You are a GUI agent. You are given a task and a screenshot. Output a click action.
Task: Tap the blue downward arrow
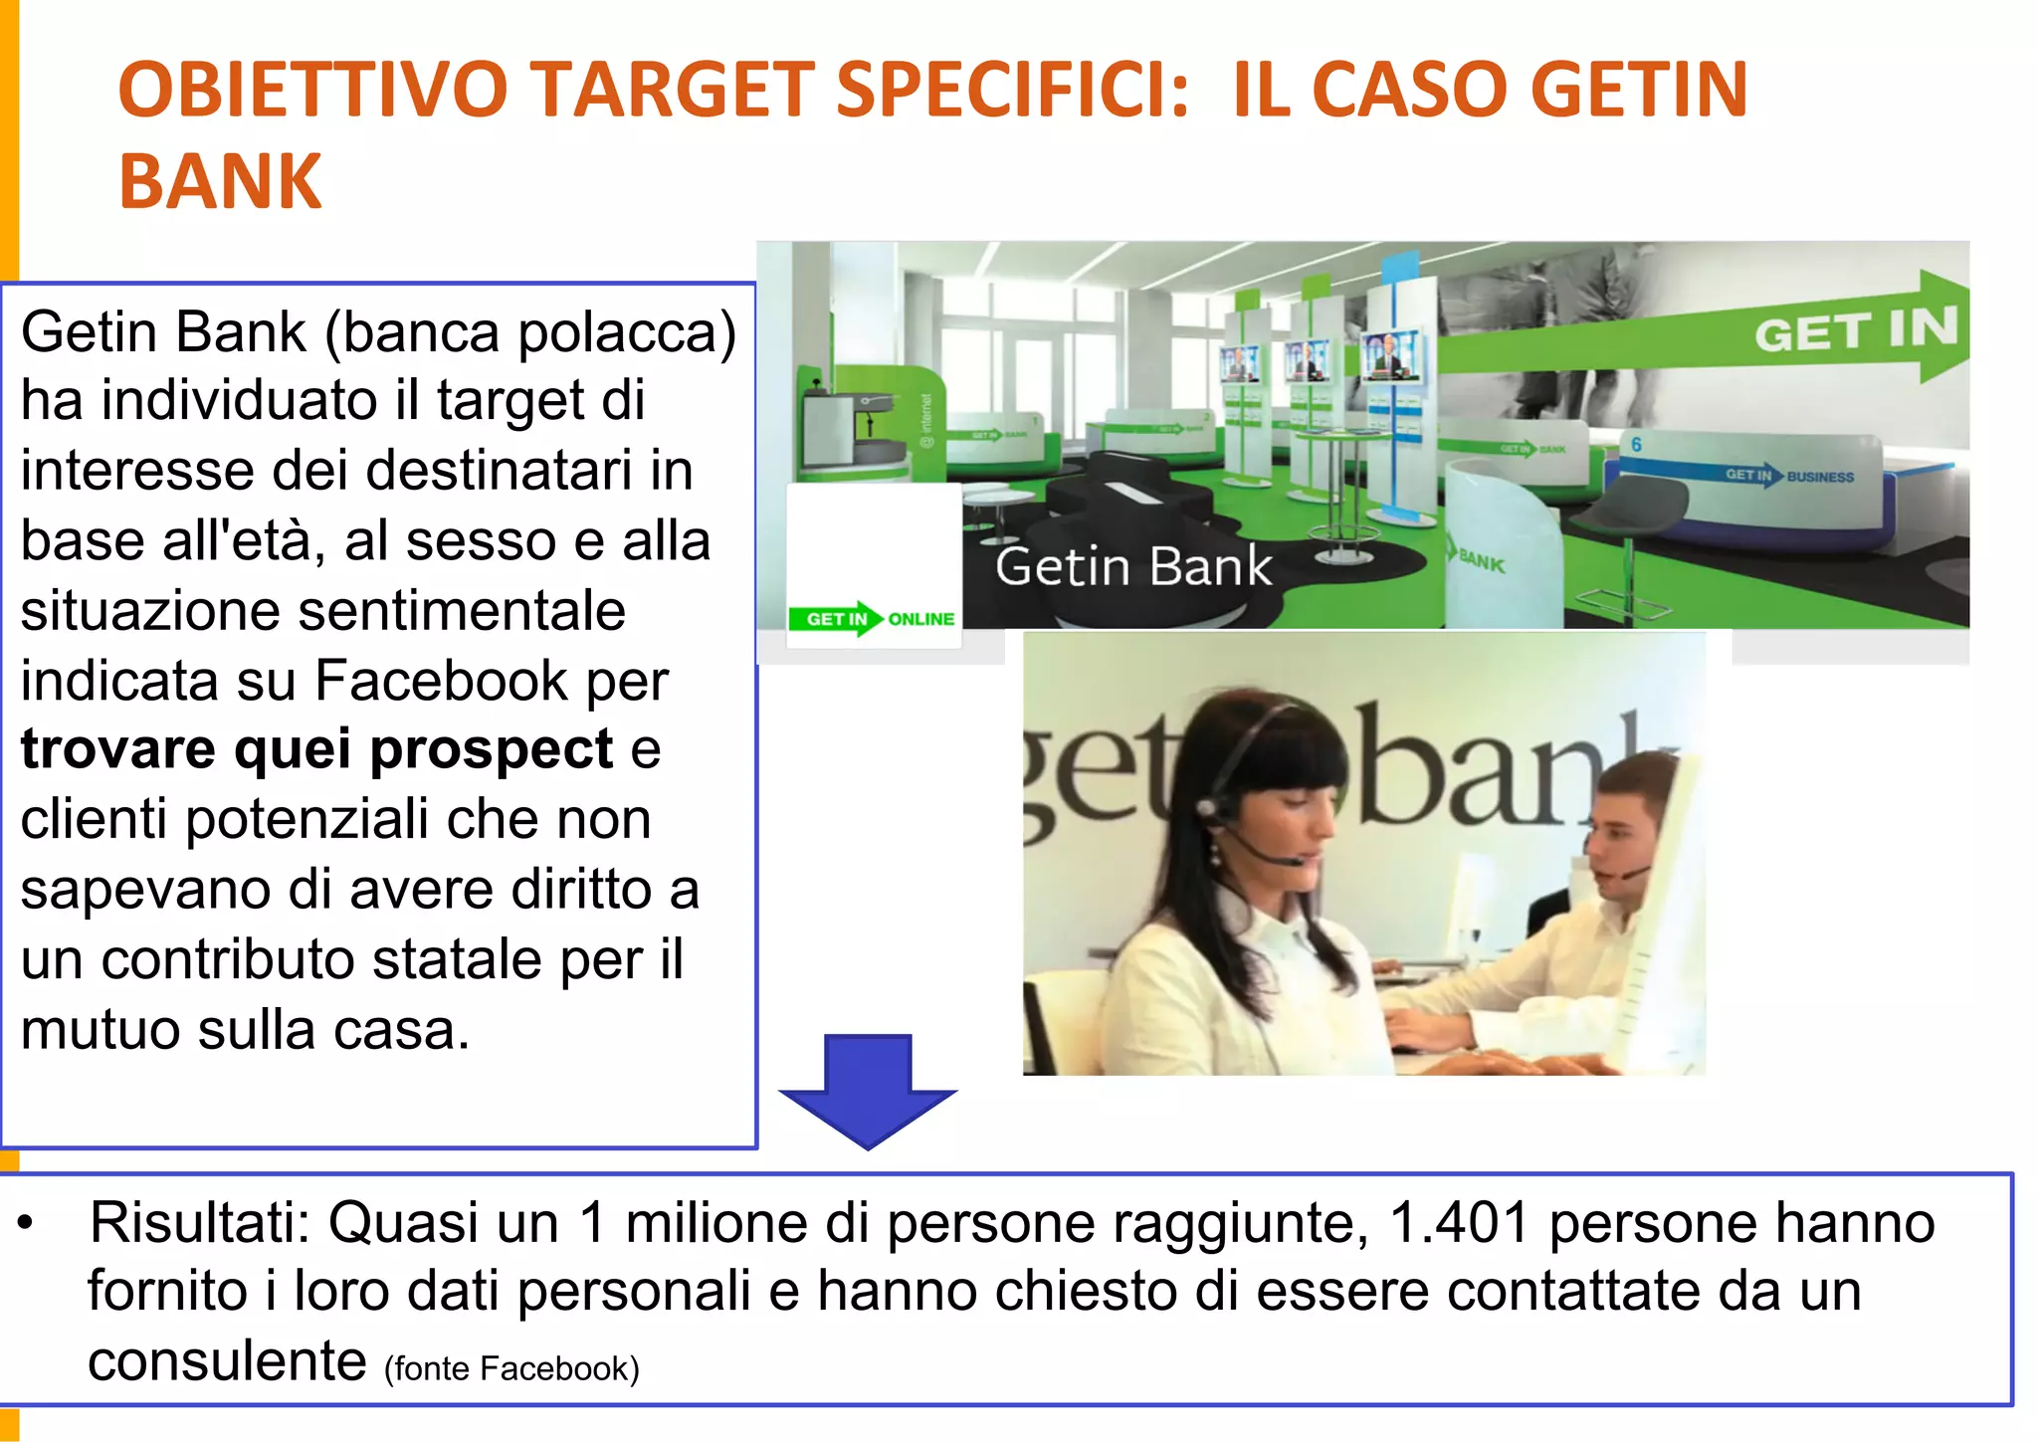coord(868,1089)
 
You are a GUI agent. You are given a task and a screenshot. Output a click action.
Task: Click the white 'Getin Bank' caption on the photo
coord(1133,566)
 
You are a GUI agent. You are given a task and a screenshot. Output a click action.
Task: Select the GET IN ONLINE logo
coord(873,619)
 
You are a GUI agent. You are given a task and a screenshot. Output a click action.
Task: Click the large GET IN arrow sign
coord(1856,328)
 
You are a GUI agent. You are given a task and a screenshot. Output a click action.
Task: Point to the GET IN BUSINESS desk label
coord(1788,476)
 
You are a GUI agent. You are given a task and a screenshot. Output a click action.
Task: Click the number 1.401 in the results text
coord(1459,1222)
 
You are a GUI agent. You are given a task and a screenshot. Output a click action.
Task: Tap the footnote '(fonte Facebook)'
coord(511,1368)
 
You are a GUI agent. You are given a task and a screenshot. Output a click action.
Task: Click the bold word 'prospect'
coord(492,748)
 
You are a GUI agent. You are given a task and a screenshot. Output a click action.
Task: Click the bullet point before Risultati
coord(27,1224)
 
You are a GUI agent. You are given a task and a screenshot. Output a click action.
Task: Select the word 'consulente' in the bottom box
coord(227,1360)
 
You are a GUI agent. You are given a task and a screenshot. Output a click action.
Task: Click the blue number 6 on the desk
coord(1636,444)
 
